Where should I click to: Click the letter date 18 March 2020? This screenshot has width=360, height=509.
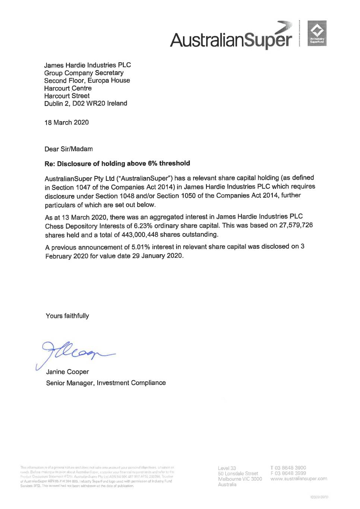click(x=67, y=122)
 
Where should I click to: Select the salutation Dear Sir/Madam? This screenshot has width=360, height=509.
click(x=69, y=149)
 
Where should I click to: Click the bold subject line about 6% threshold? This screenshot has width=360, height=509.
click(x=117, y=163)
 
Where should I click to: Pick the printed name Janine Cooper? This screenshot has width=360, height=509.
click(x=67, y=372)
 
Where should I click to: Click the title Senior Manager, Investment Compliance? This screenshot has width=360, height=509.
click(x=106, y=383)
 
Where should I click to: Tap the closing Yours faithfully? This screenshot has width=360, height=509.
click(x=67, y=316)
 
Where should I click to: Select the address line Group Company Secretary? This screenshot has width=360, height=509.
click(x=84, y=73)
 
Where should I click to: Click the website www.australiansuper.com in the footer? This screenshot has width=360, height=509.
click(x=299, y=478)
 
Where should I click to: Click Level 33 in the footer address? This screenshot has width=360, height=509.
click(x=227, y=468)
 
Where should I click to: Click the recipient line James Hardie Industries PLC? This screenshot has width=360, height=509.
click(x=88, y=65)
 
